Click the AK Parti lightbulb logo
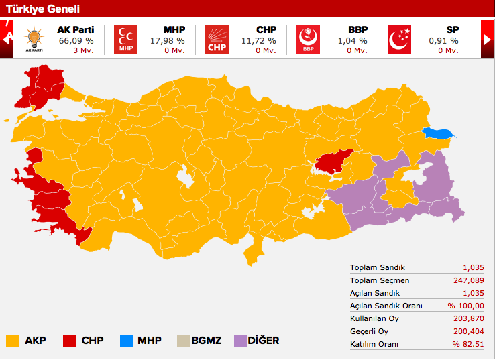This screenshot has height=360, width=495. click(x=34, y=39)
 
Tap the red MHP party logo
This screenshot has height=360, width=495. click(x=125, y=39)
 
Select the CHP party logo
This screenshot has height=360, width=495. click(x=217, y=39)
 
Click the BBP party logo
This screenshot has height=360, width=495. click(x=308, y=39)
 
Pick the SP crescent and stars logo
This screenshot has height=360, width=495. click(x=400, y=39)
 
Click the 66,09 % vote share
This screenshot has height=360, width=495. click(x=76, y=40)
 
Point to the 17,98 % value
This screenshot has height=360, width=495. click(x=167, y=40)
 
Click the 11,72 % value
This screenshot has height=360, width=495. click(x=258, y=40)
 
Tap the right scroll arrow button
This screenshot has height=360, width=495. click(x=488, y=40)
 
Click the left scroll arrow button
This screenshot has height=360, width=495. click(x=7, y=38)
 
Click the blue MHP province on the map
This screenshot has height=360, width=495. click(x=439, y=133)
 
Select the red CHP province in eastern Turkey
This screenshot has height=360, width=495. click(x=333, y=160)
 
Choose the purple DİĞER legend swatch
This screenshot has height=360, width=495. click(x=239, y=341)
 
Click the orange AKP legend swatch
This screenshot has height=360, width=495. click(x=12, y=341)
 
